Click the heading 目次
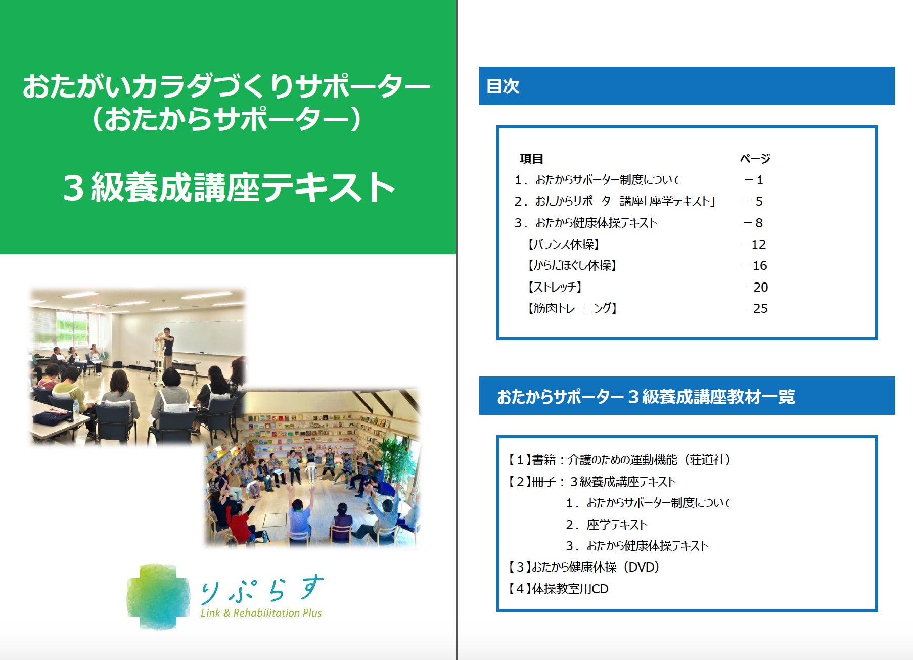503,86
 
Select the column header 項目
531,159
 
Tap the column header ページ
755,159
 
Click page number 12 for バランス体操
754,245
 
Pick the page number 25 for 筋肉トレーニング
756,309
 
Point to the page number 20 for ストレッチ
756,288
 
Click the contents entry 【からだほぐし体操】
572,266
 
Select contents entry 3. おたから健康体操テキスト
586,223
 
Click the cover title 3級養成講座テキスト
229,187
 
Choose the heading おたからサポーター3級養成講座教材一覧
646,397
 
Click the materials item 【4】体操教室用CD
558,589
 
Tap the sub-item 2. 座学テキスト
607,525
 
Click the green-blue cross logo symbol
158,597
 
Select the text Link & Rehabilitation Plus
261,613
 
